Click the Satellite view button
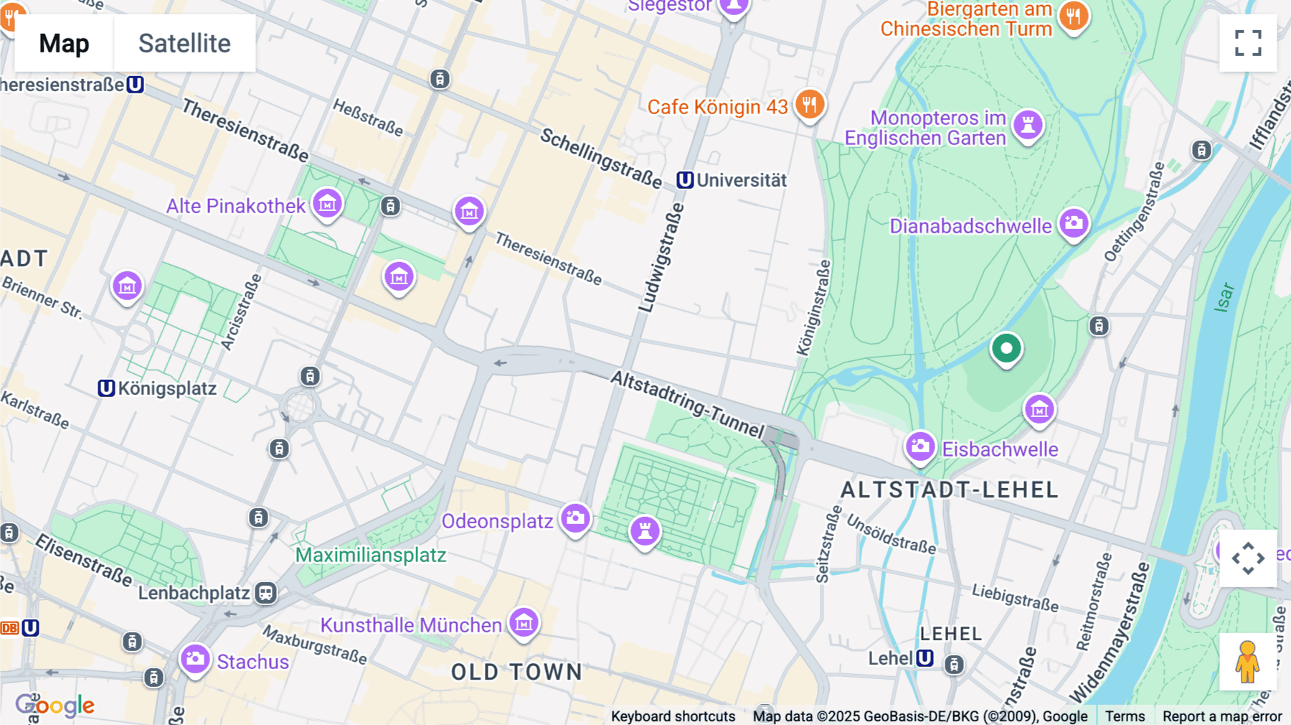pyautogui.click(x=184, y=43)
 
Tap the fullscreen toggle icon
pyautogui.click(x=1248, y=43)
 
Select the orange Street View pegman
pyautogui.click(x=1247, y=662)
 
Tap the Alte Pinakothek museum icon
pyautogui.click(x=328, y=205)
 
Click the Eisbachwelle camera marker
pyautogui.click(x=920, y=447)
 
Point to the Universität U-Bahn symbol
pyautogui.click(x=685, y=180)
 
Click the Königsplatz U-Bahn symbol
pyautogui.click(x=106, y=388)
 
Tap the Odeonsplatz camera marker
pyautogui.click(x=575, y=518)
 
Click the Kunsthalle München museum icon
pyautogui.click(x=524, y=623)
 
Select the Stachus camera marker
pyautogui.click(x=195, y=659)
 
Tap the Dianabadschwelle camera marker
pyautogui.click(x=1074, y=223)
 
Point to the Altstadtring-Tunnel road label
pyautogui.click(x=688, y=403)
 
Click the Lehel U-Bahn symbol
pyautogui.click(x=925, y=658)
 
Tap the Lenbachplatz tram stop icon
pyautogui.click(x=266, y=593)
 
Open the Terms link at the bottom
pyautogui.click(x=1125, y=716)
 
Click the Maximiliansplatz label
pyautogui.click(x=371, y=555)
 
